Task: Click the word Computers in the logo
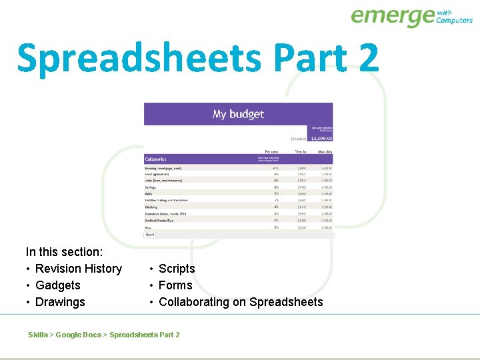point(454,20)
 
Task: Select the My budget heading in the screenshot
point(238,114)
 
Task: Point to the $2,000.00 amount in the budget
point(321,139)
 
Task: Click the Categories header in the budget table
point(156,159)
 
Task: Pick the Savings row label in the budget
point(151,187)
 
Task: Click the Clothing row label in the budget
point(151,207)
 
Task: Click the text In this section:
point(64,252)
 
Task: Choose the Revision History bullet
point(78,269)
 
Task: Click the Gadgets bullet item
point(57,285)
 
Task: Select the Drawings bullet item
point(60,302)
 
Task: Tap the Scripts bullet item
point(177,269)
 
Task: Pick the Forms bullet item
point(175,285)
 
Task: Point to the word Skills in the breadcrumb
point(38,335)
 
